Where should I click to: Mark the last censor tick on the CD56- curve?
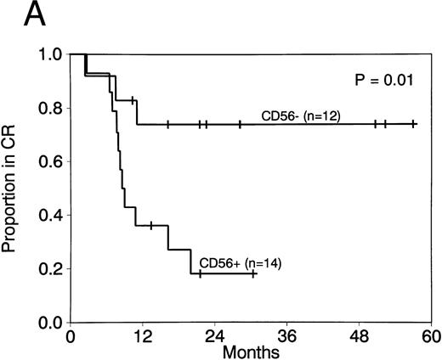click(x=414, y=124)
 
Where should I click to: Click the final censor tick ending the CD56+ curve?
click(x=253, y=273)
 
